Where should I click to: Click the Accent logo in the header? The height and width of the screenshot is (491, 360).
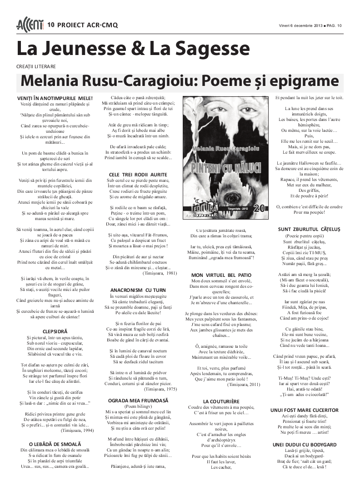pos(30,25)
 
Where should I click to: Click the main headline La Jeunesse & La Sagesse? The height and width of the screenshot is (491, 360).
pos(133,49)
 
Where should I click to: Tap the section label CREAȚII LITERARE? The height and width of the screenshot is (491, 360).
pos(36,66)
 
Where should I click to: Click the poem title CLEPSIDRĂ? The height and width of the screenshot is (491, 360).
pos(55,331)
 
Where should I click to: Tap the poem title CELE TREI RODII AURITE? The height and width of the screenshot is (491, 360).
pos(138,175)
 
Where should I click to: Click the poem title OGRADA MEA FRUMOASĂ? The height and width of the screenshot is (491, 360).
pos(138,400)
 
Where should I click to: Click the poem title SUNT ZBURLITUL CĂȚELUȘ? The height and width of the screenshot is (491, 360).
pos(309,229)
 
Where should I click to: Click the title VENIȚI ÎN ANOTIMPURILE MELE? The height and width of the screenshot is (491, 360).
pos(55,98)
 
